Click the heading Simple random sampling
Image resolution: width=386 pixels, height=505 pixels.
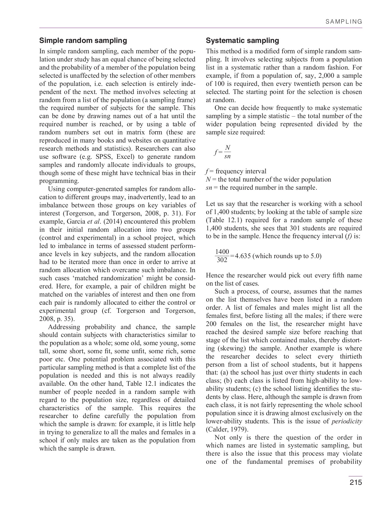tap(83, 41)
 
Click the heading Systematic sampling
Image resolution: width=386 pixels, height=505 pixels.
tap(242, 41)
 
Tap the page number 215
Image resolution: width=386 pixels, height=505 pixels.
tap(355, 482)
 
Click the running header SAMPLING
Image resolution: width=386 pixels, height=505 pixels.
tap(344, 22)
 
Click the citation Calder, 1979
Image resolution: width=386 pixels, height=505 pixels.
tap(227, 430)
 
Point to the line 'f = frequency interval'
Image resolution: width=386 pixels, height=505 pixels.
tap(236, 171)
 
